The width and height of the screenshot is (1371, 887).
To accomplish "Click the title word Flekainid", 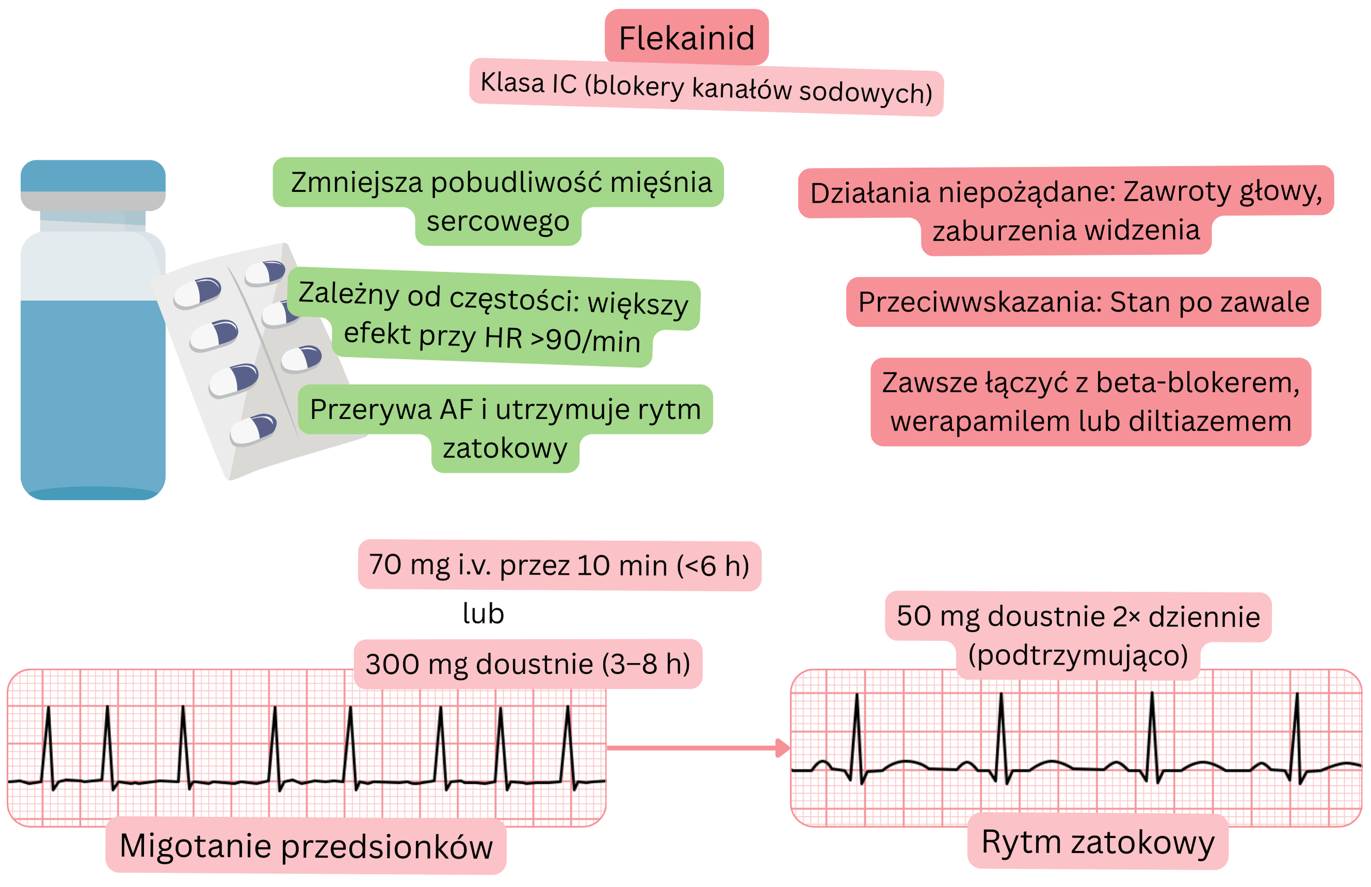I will (686, 38).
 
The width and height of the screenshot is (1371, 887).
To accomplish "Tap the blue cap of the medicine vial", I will (93, 176).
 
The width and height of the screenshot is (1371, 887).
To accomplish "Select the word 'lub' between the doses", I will (483, 613).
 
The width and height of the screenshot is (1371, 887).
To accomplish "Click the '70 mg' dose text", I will (408, 564).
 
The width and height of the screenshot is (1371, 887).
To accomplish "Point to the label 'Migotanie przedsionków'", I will (306, 846).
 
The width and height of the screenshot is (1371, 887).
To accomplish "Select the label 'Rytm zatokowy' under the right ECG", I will (1097, 842).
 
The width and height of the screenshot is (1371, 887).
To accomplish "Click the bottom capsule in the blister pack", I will (253, 429).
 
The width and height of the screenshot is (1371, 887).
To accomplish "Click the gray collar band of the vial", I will (93, 201).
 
